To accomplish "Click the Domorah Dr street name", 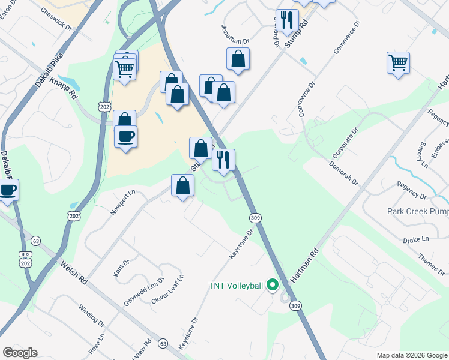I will (x=342, y=172).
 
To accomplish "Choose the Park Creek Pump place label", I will (x=418, y=211).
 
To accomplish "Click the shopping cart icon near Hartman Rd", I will (x=399, y=62).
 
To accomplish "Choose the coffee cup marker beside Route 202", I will (x=125, y=136).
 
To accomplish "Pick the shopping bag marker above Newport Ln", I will (x=182, y=185).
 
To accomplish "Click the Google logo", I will (x=20, y=353).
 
